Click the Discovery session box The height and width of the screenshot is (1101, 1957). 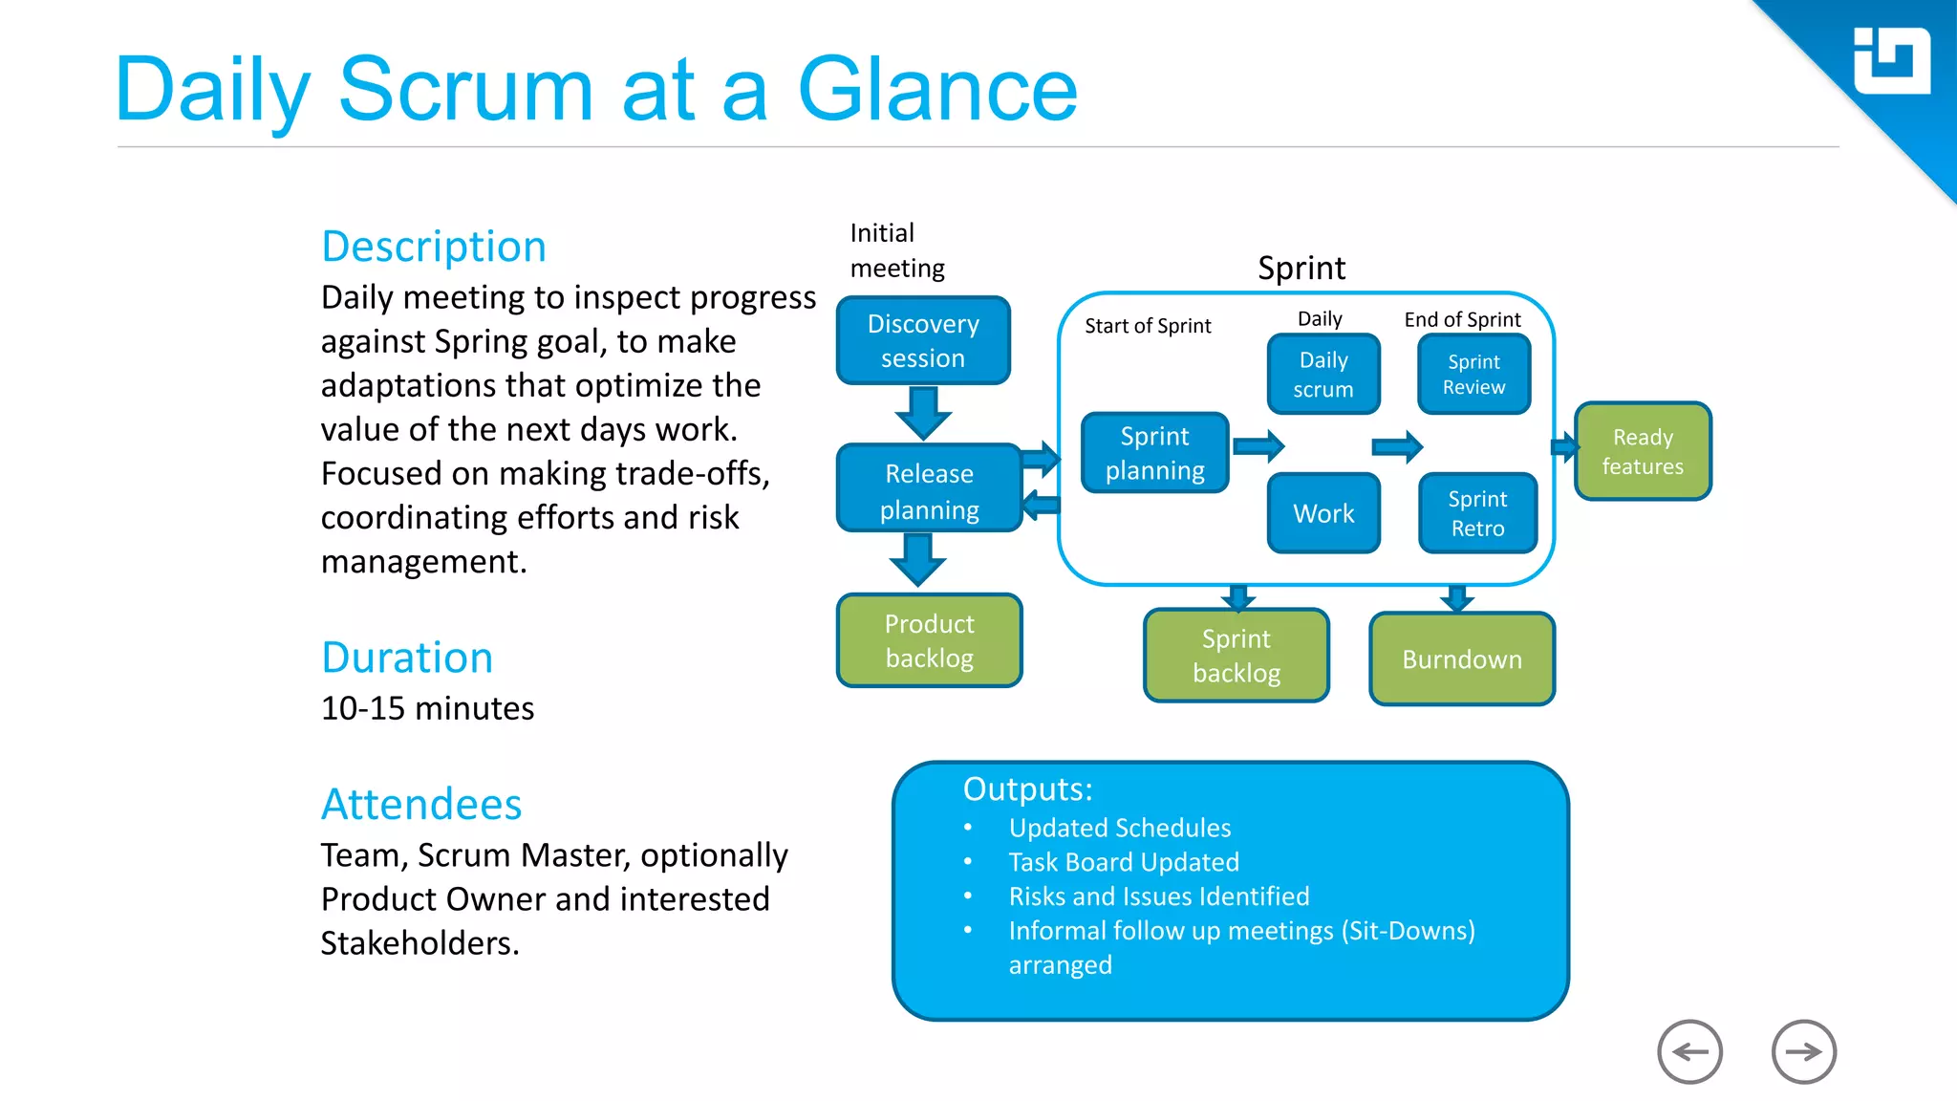coord(923,340)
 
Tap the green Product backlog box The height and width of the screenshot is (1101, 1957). coord(929,640)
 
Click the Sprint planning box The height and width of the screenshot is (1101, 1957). coord(1154,453)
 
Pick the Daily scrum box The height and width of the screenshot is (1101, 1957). coord(1323,374)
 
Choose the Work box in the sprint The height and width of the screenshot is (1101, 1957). coord(1323,513)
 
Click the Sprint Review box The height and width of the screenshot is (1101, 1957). coord(1473,374)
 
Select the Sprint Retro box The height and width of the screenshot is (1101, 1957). coord(1477,513)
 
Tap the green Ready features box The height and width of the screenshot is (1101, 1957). coord(1643,451)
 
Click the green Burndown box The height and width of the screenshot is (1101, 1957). coord(1462,659)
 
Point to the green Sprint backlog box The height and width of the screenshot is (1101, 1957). coord(1237,656)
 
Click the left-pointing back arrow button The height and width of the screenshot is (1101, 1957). coord(1689,1051)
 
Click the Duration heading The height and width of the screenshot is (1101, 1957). coord(407,658)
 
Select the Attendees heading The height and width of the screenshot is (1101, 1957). coord(421,804)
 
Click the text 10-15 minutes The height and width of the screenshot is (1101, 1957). coord(427,708)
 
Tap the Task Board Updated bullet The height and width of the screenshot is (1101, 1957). coord(1124,862)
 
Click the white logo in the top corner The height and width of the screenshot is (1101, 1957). coord(1891,61)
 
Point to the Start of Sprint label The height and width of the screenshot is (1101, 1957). coord(1148,326)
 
